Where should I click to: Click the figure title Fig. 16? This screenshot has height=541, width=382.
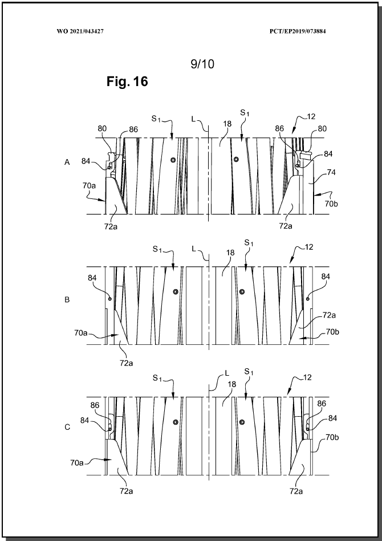tap(127, 82)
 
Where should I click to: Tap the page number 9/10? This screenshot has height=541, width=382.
tap(202, 64)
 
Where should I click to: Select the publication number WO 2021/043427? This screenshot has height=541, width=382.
tap(80, 31)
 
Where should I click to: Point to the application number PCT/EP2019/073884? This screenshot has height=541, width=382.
tap(298, 31)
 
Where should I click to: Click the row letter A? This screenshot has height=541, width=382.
tap(67, 162)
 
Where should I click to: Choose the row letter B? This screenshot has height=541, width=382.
tap(67, 299)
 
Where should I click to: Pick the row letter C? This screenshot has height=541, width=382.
tap(67, 427)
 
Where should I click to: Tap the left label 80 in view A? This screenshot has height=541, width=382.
tap(102, 129)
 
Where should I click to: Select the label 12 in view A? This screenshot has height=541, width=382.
tap(311, 117)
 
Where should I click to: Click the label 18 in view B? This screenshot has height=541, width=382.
tap(230, 253)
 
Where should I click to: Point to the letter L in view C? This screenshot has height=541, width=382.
tap(227, 373)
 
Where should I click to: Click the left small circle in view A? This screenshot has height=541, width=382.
tap(173, 160)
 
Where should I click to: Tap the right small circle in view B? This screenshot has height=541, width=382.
tap(242, 291)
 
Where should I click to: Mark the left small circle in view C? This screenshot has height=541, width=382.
tap(176, 422)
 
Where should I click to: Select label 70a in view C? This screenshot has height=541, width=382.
tap(77, 463)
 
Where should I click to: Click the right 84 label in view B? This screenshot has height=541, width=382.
tap(326, 276)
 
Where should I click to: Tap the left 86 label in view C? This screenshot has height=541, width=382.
tap(95, 405)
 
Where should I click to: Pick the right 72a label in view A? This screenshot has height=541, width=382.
tap(286, 226)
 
